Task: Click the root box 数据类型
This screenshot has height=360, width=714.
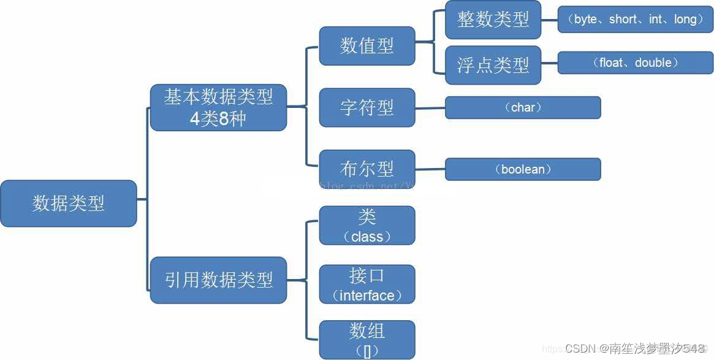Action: (x=68, y=204)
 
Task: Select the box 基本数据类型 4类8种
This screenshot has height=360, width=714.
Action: (x=218, y=107)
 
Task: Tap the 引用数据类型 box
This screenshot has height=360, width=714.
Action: (x=218, y=280)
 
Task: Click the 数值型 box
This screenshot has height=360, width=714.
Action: (x=366, y=46)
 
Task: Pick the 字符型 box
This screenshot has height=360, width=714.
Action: (x=366, y=107)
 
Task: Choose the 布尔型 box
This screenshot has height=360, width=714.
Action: (x=366, y=169)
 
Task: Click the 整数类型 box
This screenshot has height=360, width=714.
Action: (x=493, y=20)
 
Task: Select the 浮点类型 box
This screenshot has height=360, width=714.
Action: (x=493, y=64)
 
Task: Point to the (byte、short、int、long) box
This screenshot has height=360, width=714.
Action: (x=636, y=20)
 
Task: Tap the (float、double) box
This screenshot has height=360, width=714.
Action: (x=636, y=63)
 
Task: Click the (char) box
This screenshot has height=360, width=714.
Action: (x=523, y=107)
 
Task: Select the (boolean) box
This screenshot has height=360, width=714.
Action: (x=523, y=169)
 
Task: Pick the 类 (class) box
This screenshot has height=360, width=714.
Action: (x=366, y=226)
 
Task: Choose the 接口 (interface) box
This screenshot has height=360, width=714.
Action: (x=366, y=285)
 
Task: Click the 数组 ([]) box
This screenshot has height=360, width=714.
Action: (x=366, y=340)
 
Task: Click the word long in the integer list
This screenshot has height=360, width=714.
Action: (x=685, y=20)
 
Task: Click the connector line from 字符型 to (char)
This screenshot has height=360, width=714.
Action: (x=430, y=108)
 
